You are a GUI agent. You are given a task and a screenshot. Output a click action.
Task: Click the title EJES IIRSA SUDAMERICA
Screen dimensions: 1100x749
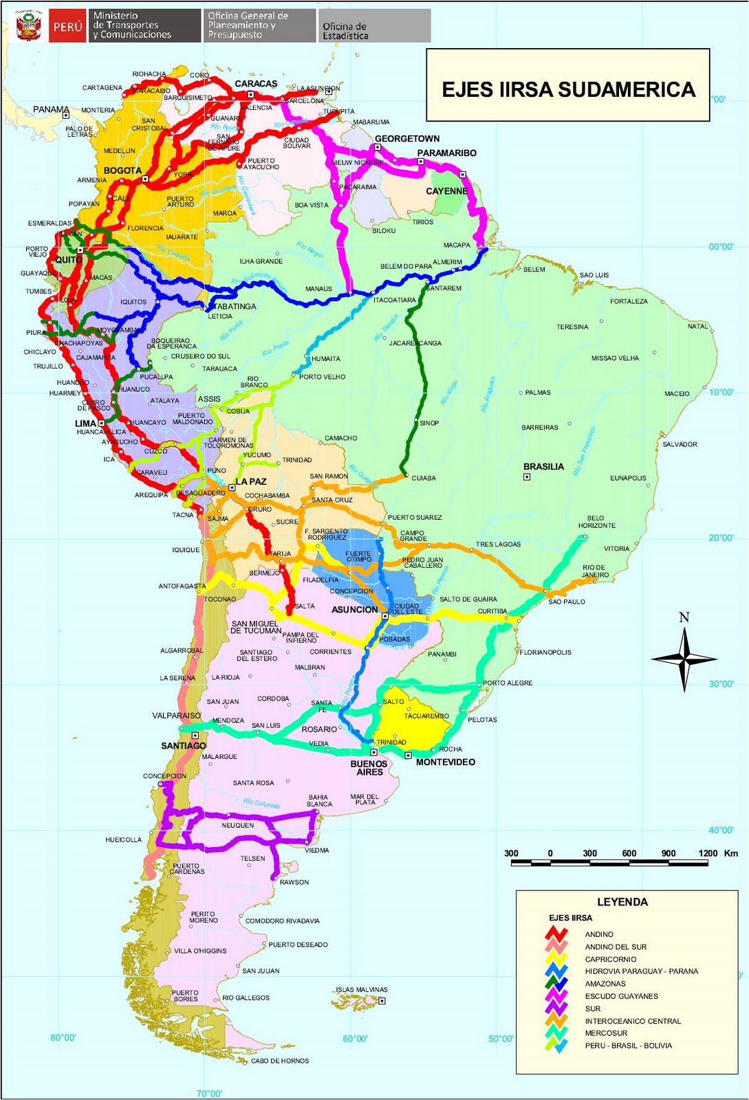point(568,90)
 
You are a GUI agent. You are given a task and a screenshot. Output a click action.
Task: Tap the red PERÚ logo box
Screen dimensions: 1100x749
point(67,27)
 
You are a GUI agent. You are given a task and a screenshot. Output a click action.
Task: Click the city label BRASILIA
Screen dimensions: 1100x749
point(543,467)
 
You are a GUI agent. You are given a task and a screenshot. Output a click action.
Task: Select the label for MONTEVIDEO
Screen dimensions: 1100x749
point(445,762)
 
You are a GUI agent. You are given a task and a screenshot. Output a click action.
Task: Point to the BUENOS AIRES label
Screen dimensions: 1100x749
point(369,768)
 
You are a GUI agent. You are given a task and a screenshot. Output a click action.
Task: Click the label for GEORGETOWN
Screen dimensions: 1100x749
point(406,138)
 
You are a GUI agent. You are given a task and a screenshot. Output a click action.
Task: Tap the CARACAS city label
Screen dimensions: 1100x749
point(256,84)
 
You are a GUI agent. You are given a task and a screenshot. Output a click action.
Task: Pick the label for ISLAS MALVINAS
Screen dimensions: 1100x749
point(362,990)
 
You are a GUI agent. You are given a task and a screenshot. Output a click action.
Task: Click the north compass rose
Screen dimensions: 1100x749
point(684,658)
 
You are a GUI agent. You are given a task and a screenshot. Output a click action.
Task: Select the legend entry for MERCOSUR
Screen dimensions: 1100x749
point(606,1033)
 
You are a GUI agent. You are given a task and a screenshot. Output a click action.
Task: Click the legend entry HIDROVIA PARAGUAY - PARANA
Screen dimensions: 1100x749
point(641,971)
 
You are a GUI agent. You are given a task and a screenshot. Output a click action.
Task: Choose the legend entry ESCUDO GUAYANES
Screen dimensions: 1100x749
point(621,996)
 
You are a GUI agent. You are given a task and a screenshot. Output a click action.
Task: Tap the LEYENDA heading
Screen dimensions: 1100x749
point(622,902)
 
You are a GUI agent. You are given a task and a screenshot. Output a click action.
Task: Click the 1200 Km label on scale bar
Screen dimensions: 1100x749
point(718,853)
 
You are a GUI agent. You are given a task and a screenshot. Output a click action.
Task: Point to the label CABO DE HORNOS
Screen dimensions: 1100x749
point(280,1061)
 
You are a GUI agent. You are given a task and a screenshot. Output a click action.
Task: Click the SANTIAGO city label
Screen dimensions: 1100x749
point(184,746)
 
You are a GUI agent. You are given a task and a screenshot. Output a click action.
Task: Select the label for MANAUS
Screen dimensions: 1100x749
point(318,289)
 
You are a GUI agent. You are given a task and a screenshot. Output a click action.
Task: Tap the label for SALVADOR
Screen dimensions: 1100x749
point(680,444)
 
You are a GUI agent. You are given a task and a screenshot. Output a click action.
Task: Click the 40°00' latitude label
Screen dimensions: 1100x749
point(721,830)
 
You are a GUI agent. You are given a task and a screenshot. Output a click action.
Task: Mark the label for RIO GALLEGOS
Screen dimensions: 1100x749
point(246,998)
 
